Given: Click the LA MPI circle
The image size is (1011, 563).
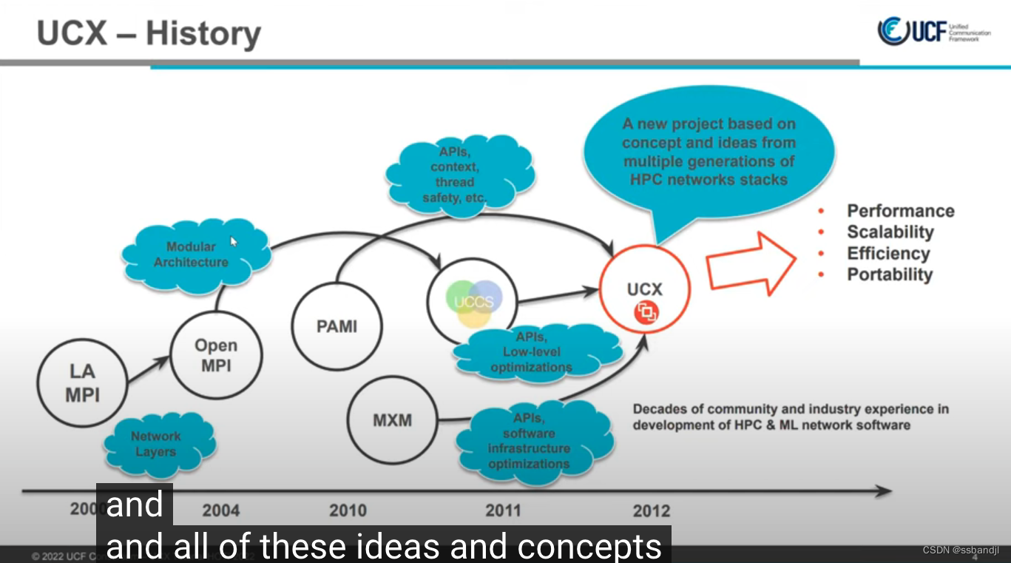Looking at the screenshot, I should point(82,383).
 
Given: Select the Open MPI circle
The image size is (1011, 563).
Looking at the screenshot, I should point(216,356).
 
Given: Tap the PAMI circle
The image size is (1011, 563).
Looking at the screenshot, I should point(337,326).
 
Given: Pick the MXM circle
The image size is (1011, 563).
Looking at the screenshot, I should point(391,420).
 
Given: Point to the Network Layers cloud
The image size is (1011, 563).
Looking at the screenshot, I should point(157,444).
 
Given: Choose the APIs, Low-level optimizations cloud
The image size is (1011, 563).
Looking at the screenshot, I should point(532,353).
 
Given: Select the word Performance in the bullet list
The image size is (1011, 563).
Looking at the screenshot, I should point(900,211).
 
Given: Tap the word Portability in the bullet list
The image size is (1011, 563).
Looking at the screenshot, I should point(890,274).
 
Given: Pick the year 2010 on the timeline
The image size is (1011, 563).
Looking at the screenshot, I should point(348,510).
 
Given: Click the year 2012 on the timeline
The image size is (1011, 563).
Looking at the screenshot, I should point(652,510).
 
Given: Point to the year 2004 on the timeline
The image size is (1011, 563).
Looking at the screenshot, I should point(220,510).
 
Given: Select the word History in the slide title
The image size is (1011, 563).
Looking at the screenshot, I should point(203,33).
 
